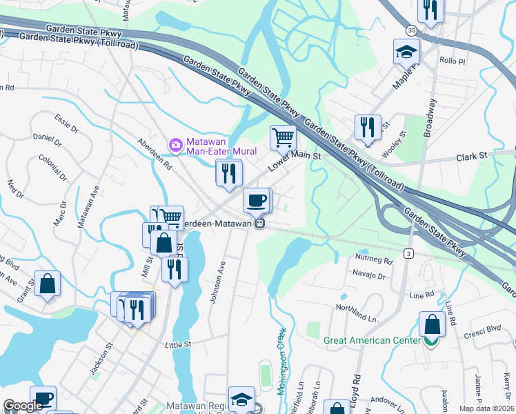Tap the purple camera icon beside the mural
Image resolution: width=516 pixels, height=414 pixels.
176,144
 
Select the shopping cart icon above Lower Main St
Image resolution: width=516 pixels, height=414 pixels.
283,137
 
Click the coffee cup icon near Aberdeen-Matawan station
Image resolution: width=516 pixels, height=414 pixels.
256,200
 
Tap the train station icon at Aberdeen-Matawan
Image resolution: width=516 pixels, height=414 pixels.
259,224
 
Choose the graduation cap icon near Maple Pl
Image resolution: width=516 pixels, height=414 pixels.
406,51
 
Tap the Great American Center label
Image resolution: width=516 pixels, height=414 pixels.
373,340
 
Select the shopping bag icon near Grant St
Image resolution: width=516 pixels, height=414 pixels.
47,284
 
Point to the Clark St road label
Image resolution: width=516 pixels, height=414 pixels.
473,158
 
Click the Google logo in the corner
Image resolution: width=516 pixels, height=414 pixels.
23,406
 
